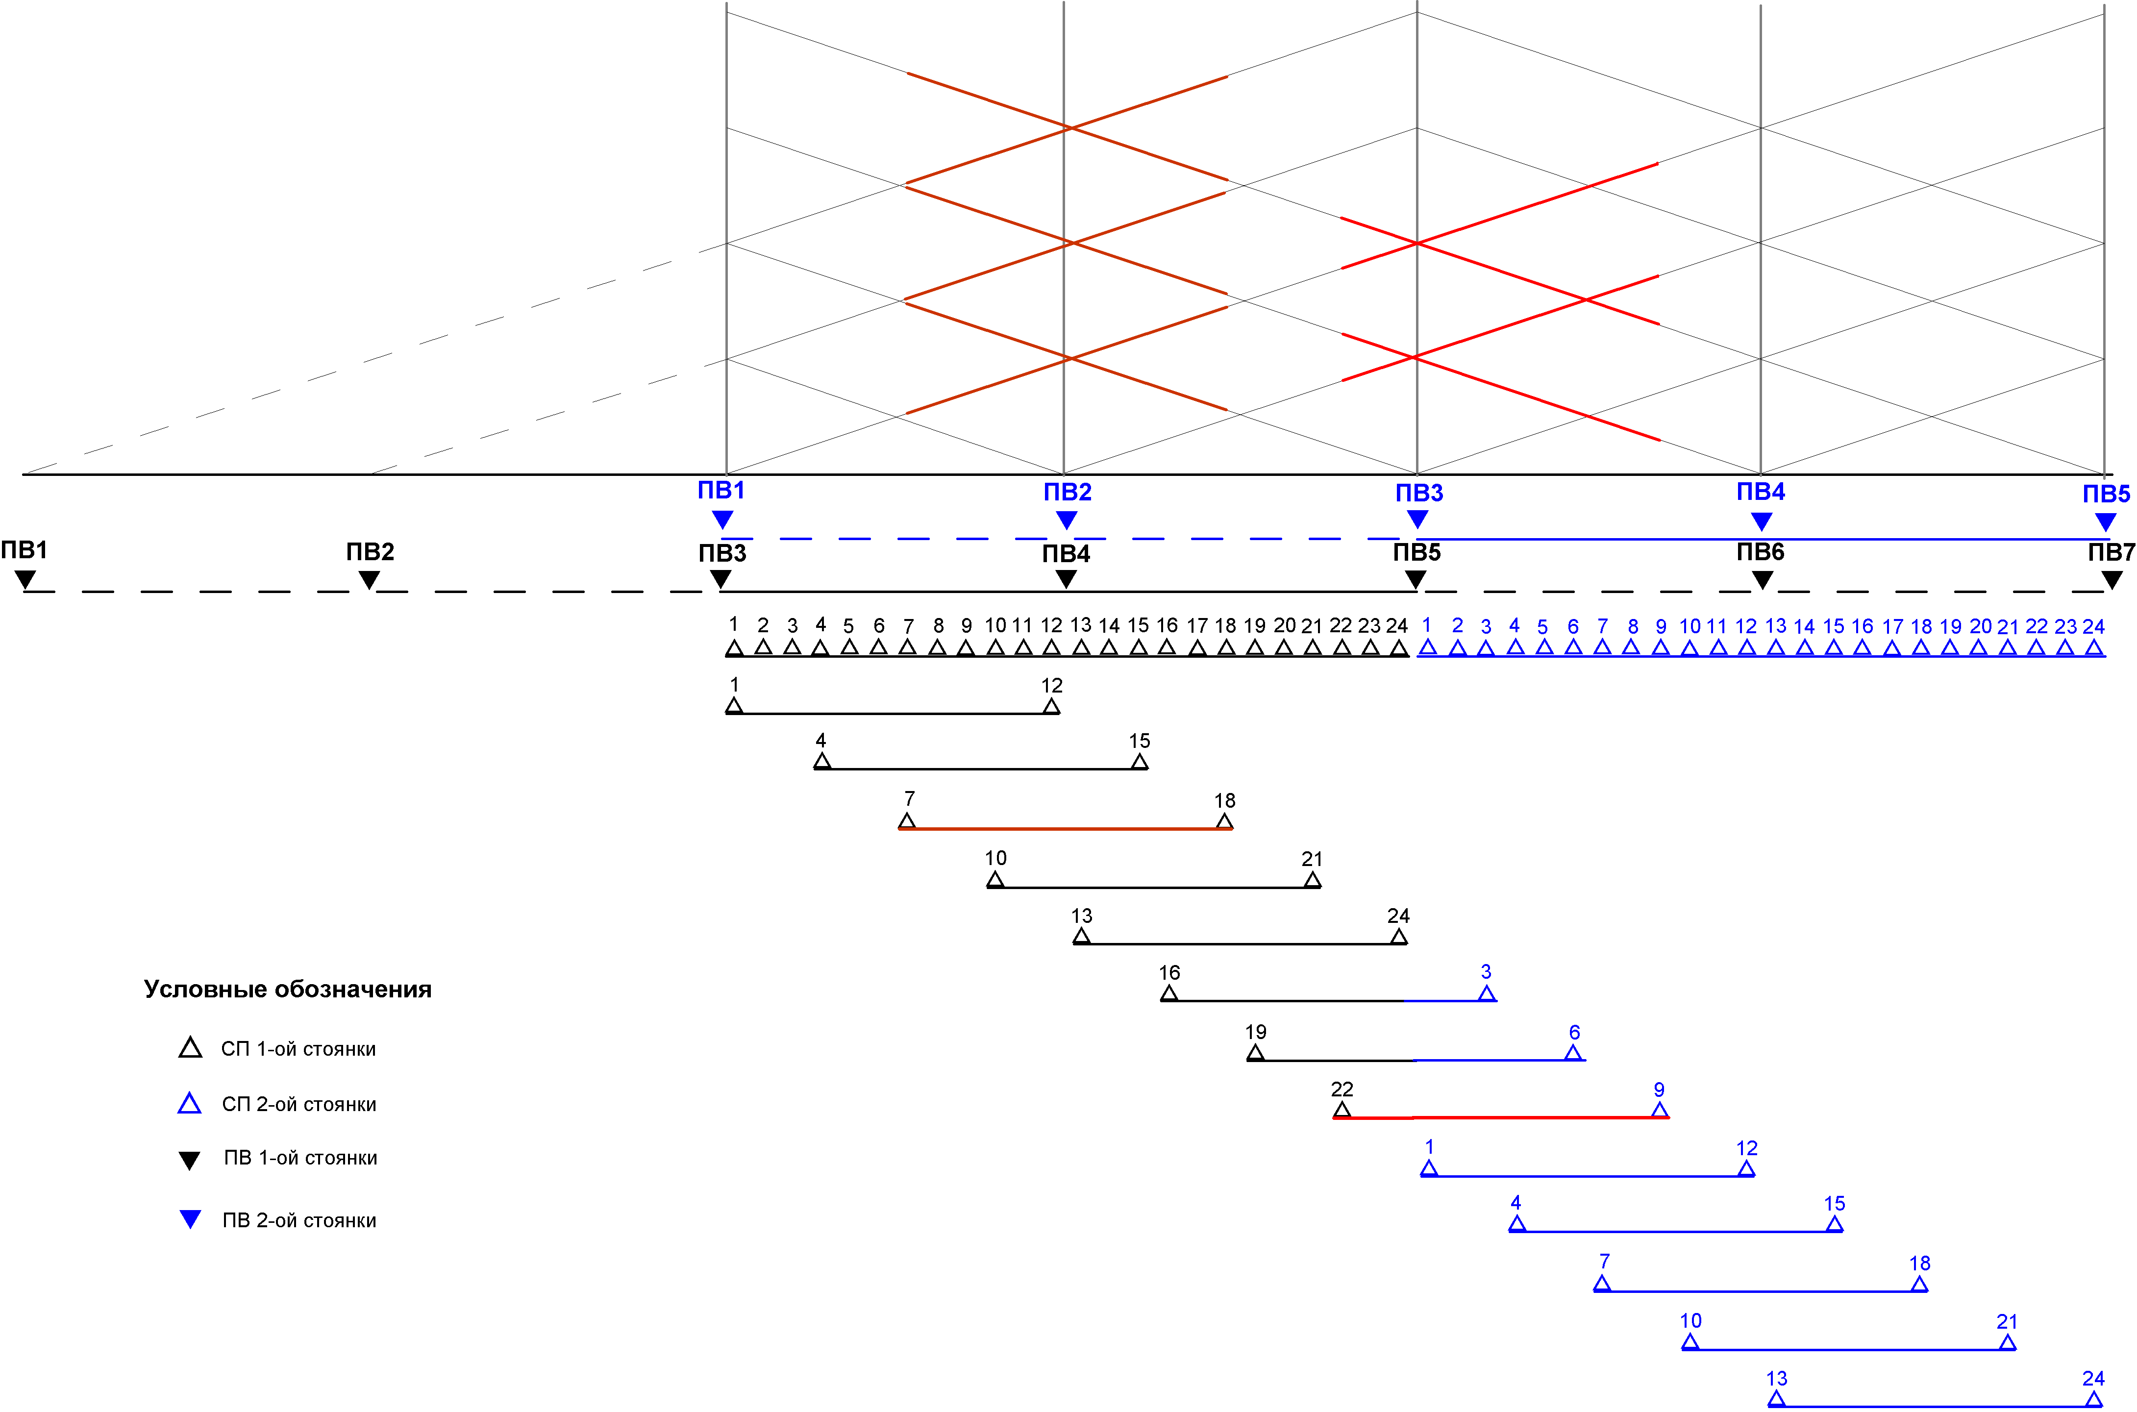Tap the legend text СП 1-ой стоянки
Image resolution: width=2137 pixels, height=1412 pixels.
298,1049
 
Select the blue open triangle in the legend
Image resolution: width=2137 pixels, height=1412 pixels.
189,1104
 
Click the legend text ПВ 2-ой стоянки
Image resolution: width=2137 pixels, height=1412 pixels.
299,1220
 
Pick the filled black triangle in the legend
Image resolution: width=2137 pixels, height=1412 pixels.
189,1160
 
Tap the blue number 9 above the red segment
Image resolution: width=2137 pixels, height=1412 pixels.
1659,1090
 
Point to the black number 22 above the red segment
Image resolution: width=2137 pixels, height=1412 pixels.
1342,1090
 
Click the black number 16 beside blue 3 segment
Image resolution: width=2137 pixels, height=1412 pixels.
1169,972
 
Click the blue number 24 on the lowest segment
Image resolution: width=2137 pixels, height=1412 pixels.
2093,1379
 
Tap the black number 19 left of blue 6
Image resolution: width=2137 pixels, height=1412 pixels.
1255,1032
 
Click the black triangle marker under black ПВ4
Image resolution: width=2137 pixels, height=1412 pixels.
1066,580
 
